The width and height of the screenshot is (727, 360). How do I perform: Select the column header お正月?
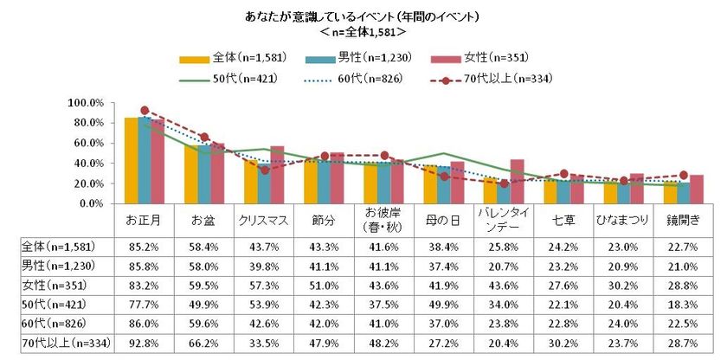[144, 219]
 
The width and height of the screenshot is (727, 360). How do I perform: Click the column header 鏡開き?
[683, 219]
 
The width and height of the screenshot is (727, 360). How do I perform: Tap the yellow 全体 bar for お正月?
[131, 161]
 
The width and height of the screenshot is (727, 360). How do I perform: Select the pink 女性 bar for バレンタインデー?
[518, 182]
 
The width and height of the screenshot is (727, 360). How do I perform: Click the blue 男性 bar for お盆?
[204, 175]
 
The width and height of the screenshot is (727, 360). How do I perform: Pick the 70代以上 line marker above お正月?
[145, 111]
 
